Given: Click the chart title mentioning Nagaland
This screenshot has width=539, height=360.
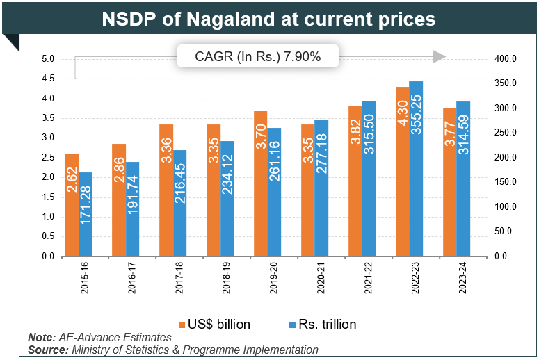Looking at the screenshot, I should point(268,19).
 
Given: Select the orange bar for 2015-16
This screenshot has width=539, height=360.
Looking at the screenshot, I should point(72,205).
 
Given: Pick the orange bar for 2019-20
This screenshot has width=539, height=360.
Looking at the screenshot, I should point(260,183).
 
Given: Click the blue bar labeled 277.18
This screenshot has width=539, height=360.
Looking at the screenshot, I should point(321,188).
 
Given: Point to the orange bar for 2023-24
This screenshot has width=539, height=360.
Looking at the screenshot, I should point(449,182).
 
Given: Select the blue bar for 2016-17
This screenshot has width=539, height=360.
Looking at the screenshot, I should point(133,209).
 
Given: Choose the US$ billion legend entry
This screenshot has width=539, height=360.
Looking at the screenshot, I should point(215,324).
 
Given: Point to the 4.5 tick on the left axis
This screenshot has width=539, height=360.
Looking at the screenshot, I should point(48,79).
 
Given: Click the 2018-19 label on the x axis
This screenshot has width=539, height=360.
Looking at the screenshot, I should point(226,279).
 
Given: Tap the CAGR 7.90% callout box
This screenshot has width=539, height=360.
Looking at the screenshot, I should point(258,57).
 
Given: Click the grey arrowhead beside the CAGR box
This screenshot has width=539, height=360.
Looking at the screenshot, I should point(438,57).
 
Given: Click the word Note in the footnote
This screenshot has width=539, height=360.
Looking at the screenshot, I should point(41,337).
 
